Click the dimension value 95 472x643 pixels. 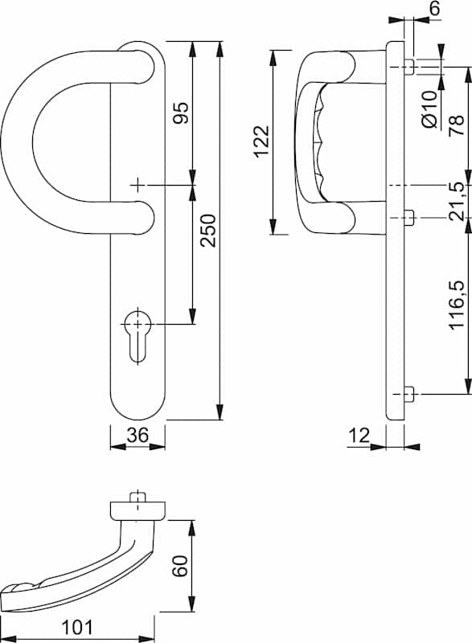[x=181, y=113]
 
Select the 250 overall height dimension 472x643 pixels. [x=208, y=230]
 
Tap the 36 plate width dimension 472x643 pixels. [x=137, y=435]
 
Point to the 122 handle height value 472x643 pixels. [x=261, y=141]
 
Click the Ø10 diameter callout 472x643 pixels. [x=429, y=109]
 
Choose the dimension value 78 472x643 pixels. [x=457, y=125]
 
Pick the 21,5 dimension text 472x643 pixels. [x=457, y=202]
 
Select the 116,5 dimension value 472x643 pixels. [x=457, y=305]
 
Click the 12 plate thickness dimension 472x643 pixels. [x=359, y=436]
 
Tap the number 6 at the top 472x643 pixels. [x=434, y=8]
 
